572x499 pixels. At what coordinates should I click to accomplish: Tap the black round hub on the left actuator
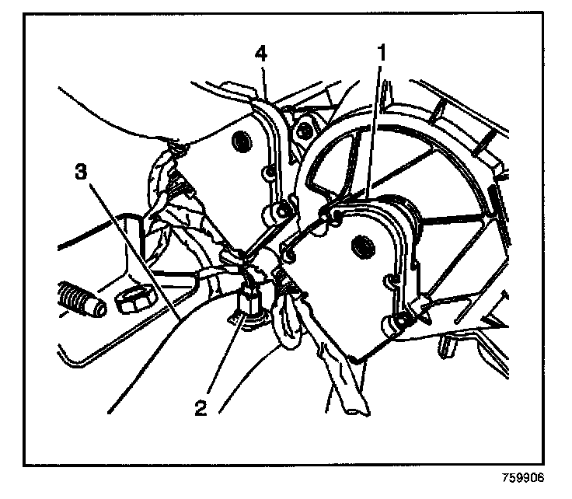coord(240,142)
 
